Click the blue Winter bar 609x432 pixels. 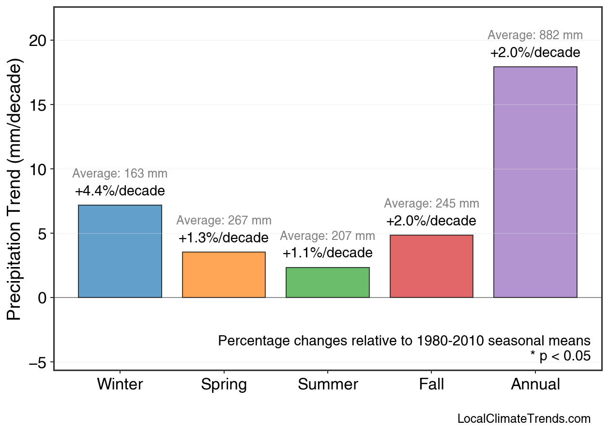[x=120, y=251]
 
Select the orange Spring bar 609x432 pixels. [x=224, y=275]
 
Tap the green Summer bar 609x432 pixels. [x=328, y=283]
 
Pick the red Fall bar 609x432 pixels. [x=431, y=266]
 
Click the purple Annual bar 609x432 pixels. [x=535, y=182]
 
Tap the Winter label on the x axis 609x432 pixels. [x=120, y=385]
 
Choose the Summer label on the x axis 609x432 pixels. [x=328, y=385]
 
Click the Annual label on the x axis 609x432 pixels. [x=535, y=385]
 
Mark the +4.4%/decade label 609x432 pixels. [x=120, y=191]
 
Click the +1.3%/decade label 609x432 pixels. [x=223, y=238]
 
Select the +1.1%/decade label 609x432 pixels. [x=327, y=253]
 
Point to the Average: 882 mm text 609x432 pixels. [x=535, y=35]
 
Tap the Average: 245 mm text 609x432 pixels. [x=431, y=204]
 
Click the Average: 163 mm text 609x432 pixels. [x=120, y=174]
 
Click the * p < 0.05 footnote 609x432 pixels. [x=560, y=357]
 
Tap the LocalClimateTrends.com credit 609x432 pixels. [x=524, y=419]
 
